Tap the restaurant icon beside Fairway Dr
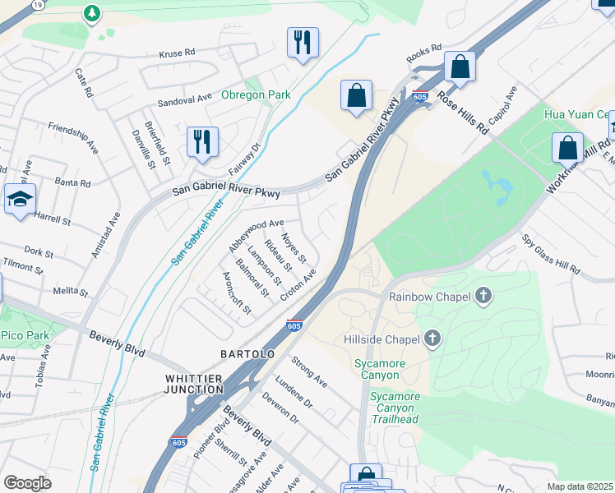201,141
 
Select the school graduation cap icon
20,200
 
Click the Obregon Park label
256,94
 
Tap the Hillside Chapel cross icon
432,339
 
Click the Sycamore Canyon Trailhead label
395,408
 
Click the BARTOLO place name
247,353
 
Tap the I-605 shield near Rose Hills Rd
420,96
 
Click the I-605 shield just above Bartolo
294,325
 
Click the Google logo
27,483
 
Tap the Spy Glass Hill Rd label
551,255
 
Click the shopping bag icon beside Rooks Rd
460,67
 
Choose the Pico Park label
25,335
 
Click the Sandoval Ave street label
185,99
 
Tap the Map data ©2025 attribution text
580,486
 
